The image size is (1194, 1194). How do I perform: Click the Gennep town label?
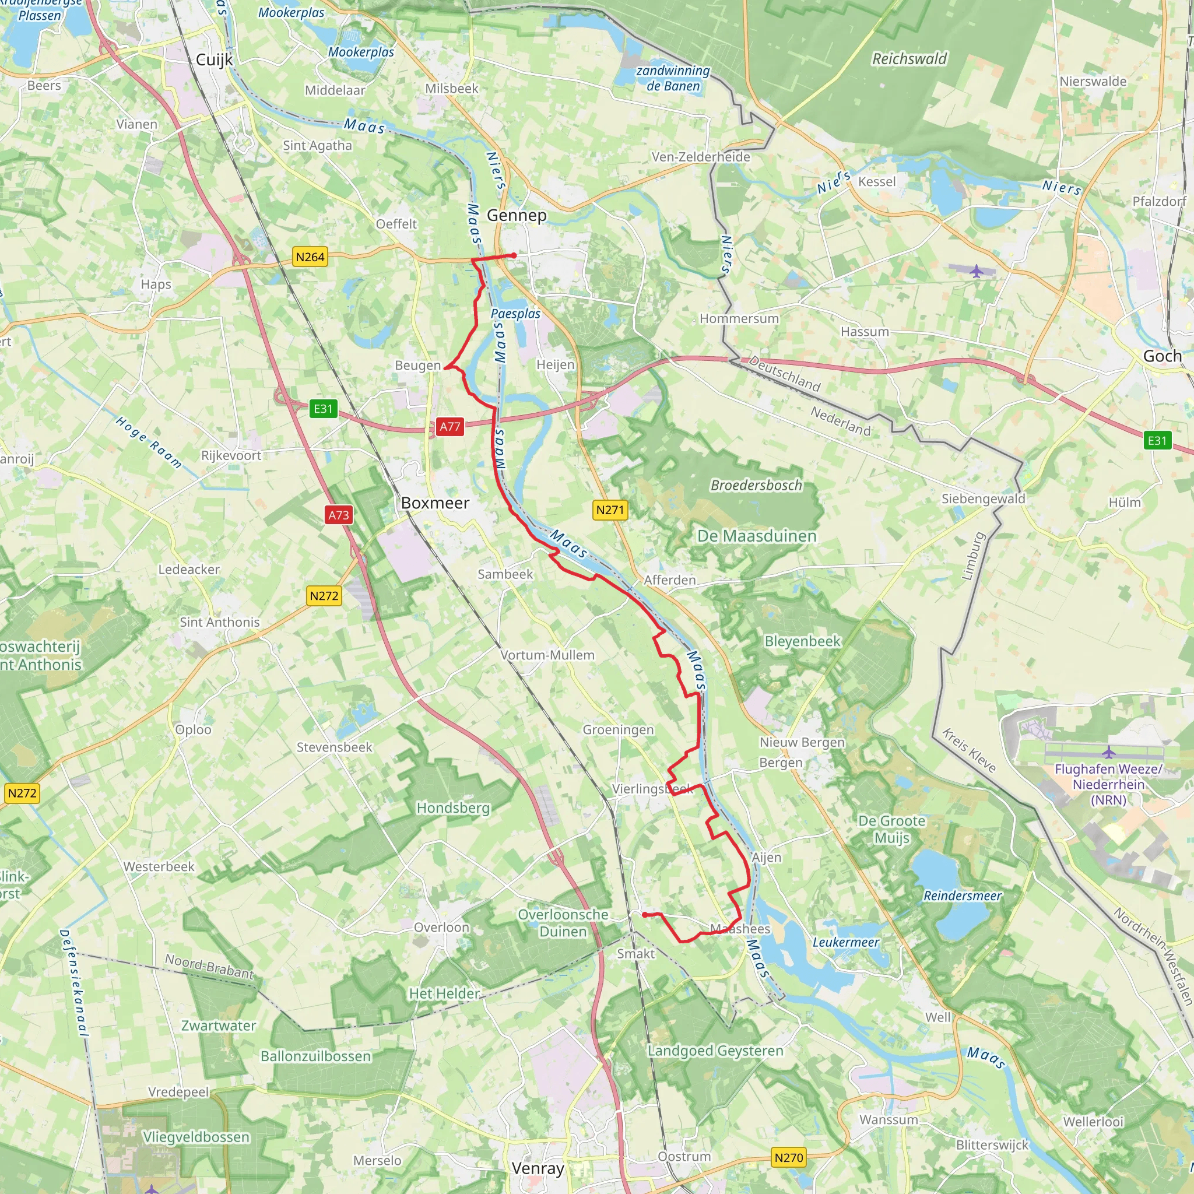pyautogui.click(x=517, y=215)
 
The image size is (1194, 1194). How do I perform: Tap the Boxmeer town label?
pyautogui.click(x=435, y=503)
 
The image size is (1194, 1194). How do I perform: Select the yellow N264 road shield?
pyautogui.click(x=310, y=257)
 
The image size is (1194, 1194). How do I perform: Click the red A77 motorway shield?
pyautogui.click(x=449, y=426)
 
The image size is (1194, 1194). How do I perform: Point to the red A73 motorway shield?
pyautogui.click(x=339, y=515)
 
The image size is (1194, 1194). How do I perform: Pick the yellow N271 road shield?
pyautogui.click(x=610, y=510)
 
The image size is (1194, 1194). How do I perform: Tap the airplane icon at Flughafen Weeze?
pyautogui.click(x=1108, y=752)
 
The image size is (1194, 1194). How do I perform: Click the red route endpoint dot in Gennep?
pyautogui.click(x=514, y=255)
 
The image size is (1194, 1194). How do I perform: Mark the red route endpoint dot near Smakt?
pyautogui.click(x=645, y=915)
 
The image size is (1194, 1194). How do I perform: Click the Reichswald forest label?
pyautogui.click(x=909, y=59)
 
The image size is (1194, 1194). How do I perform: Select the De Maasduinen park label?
pyautogui.click(x=756, y=536)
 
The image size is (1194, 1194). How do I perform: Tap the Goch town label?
pyautogui.click(x=1162, y=356)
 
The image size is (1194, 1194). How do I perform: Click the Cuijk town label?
pyautogui.click(x=215, y=60)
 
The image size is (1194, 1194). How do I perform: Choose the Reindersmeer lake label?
pyautogui.click(x=962, y=895)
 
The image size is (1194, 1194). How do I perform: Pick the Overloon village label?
pyautogui.click(x=441, y=927)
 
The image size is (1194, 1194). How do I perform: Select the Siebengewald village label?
pyautogui.click(x=982, y=498)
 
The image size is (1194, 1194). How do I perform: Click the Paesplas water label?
pyautogui.click(x=515, y=314)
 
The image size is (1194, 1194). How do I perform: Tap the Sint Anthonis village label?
pyautogui.click(x=219, y=622)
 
